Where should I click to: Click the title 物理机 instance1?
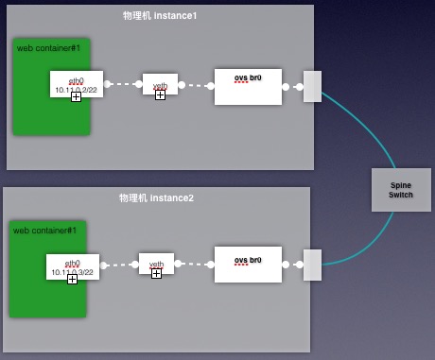[x=160, y=17]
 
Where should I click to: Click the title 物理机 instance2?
[x=156, y=198]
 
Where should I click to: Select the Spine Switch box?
[x=400, y=188]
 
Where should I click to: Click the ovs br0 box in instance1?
[x=248, y=86]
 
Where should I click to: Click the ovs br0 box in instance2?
[x=247, y=265]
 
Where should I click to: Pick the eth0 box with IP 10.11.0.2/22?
[x=76, y=83]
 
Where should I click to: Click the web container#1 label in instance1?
[x=48, y=48]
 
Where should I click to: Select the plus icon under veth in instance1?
[x=160, y=94]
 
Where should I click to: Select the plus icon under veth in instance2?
[x=156, y=274]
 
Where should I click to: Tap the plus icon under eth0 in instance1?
[x=76, y=97]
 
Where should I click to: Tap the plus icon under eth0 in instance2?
[x=73, y=280]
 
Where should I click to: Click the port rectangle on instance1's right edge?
[x=312, y=86]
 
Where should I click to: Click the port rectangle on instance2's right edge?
[x=311, y=266]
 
